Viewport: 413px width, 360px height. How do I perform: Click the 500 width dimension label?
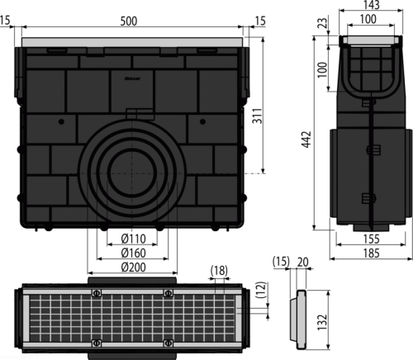[x=129, y=21]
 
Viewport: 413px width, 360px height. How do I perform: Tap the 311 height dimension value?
[x=258, y=116]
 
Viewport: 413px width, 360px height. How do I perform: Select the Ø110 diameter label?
[x=134, y=239]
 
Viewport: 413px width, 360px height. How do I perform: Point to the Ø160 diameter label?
[x=134, y=253]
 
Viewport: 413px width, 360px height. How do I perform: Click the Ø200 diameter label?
[x=134, y=267]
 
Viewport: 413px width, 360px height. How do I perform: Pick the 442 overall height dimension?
[x=306, y=140]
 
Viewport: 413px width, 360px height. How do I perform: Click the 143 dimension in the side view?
[x=372, y=5]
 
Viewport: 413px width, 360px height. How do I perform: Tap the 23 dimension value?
[x=323, y=23]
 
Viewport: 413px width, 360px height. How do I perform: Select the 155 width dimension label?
[x=372, y=239]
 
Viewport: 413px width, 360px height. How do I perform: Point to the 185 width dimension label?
[x=372, y=253]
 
